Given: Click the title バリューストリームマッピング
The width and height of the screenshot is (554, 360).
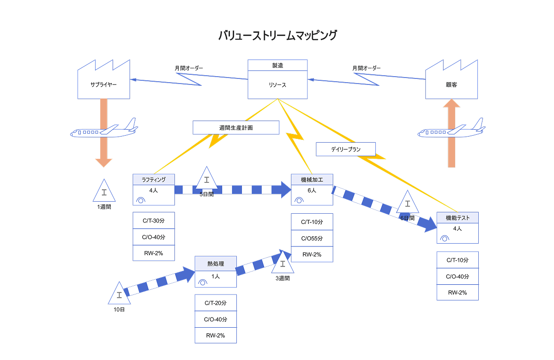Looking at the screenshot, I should click(x=277, y=36).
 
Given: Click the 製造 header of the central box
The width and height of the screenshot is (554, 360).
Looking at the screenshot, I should click(x=277, y=65).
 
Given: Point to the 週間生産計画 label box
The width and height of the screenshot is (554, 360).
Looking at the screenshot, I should click(x=236, y=127).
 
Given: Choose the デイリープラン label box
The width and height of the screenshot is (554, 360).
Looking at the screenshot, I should click(x=345, y=149).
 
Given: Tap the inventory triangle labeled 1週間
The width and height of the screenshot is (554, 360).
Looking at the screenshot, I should click(x=104, y=192).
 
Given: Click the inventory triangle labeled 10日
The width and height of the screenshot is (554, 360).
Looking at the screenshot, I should click(x=119, y=294).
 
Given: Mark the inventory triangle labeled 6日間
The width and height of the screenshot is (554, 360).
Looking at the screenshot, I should click(x=407, y=203).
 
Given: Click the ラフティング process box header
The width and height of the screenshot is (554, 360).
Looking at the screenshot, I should click(x=153, y=179).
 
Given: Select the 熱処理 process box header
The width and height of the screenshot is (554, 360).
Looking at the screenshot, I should click(x=216, y=264).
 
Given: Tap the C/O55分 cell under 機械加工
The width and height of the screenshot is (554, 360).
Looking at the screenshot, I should click(x=312, y=238).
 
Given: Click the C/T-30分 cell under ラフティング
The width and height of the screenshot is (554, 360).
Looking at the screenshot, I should click(x=153, y=221).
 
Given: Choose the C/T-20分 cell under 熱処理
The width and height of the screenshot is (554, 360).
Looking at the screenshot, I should click(x=216, y=303).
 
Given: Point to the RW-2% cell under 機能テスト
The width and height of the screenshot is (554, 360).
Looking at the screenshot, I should click(x=457, y=292).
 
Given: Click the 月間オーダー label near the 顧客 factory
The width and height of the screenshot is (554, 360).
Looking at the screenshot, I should click(x=367, y=68).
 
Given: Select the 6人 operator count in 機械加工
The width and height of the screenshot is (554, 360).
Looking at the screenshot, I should click(x=312, y=190).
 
